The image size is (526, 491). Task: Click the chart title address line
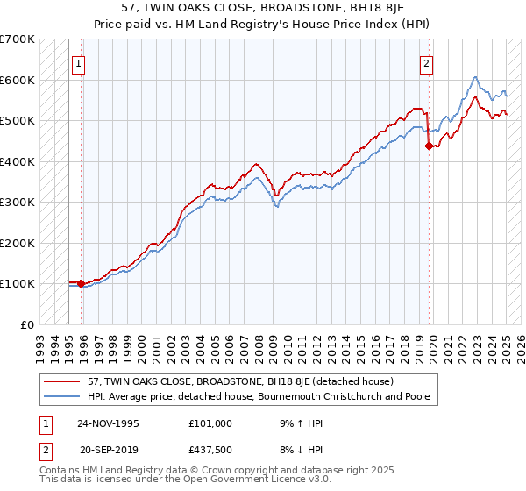click(x=262, y=9)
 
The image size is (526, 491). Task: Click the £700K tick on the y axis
click(x=18, y=39)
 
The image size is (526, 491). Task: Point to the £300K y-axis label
click(x=18, y=203)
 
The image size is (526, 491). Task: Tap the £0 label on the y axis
click(x=27, y=324)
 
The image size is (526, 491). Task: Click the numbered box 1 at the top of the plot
click(x=79, y=63)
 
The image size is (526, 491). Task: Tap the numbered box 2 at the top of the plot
click(x=426, y=63)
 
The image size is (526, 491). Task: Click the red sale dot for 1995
click(x=82, y=283)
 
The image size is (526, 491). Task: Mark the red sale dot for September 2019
click(x=429, y=146)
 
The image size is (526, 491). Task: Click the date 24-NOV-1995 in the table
click(x=108, y=423)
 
